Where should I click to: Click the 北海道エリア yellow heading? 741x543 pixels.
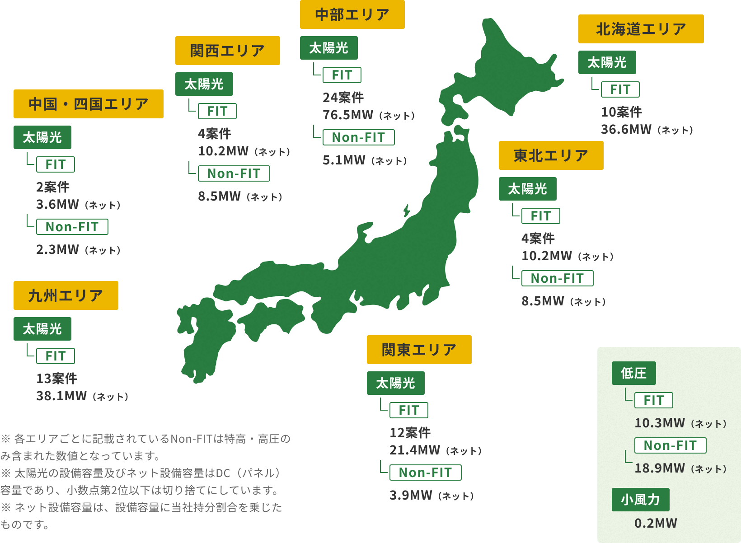pos(641,29)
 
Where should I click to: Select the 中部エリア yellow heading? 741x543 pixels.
pos(352,14)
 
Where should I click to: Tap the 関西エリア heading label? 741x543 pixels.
pos(227,51)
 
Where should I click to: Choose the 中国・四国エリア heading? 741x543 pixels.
pos(88,104)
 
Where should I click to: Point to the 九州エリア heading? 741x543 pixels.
pos(66,295)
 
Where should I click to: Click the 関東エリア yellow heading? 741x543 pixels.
pos(419,350)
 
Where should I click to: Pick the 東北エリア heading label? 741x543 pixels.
pos(551,155)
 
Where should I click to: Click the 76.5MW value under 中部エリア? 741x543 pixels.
pos(348,115)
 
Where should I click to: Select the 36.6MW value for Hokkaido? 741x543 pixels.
pos(626,130)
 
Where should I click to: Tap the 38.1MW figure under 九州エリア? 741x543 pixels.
pos(61,396)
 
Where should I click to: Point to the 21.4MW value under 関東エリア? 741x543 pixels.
pos(415,450)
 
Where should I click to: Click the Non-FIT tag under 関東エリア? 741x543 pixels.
pos(425,473)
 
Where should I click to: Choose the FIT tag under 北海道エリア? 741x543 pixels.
pos(620,89)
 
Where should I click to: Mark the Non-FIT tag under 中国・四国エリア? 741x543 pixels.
pos(72,227)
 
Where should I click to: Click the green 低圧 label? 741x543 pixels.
pos(633,373)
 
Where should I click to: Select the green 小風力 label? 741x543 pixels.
pos(640,500)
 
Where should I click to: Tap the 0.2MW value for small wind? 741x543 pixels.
pos(656,523)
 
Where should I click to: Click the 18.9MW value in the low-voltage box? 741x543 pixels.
pos(660,468)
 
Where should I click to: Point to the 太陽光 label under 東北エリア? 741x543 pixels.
pos(527,189)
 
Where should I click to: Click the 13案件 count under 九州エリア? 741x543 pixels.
pos(57,379)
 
